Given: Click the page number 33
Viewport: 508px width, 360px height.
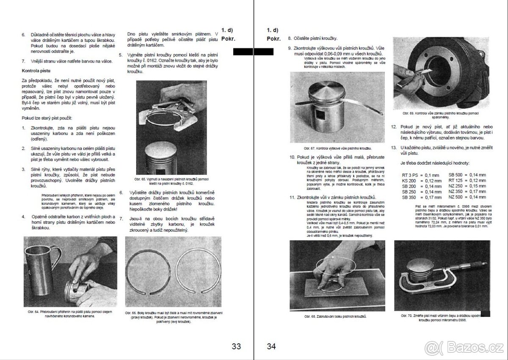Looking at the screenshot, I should [236, 346].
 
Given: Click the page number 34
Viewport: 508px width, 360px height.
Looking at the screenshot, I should [271, 346].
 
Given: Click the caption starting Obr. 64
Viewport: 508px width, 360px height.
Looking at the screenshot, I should [70, 314].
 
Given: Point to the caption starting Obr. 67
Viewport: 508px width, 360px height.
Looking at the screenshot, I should [337, 148].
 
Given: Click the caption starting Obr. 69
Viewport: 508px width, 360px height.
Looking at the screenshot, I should [441, 115].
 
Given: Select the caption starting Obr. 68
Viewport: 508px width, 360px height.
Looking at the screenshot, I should [335, 316].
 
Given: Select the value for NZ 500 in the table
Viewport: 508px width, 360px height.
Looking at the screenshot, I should [477, 197].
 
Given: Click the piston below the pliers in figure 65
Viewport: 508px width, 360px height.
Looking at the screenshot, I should [165, 159].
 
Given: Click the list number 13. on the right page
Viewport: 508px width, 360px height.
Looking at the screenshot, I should [394, 148].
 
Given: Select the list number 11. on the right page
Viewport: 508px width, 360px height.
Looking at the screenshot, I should [292, 198].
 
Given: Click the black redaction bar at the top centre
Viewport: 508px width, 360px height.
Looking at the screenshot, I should [253, 52].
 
